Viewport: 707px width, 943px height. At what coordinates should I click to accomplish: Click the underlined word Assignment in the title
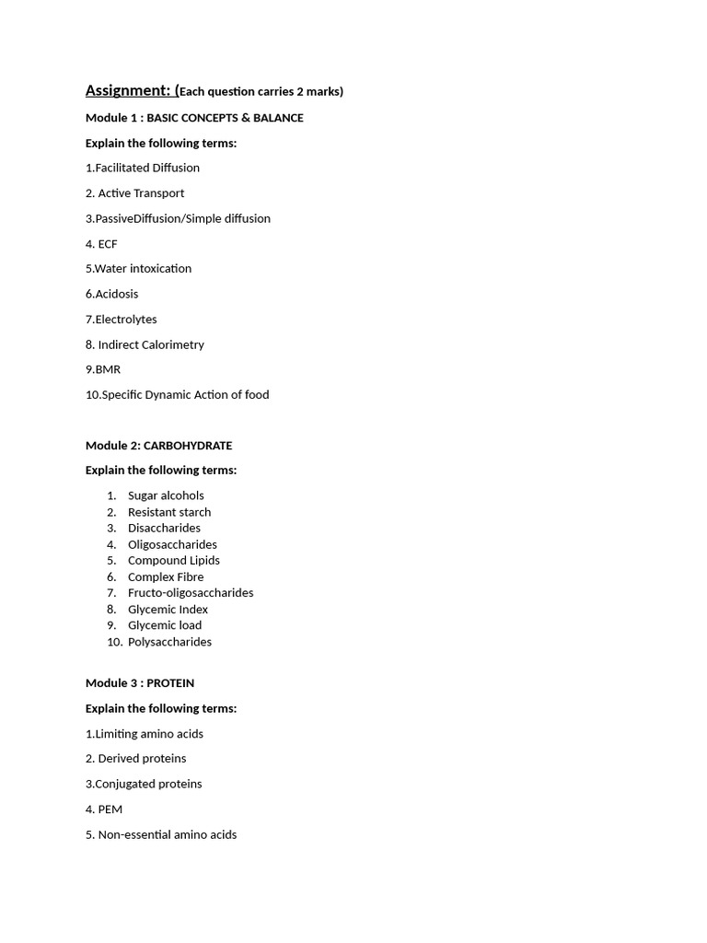[x=127, y=90]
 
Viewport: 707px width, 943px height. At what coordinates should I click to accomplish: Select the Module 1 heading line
[x=194, y=118]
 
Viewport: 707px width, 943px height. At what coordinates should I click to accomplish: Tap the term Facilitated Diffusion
[x=147, y=168]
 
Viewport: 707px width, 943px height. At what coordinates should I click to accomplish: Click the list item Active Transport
[x=141, y=193]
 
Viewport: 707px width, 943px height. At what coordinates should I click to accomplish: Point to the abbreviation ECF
[x=108, y=244]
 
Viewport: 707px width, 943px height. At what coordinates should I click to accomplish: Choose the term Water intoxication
[x=143, y=269]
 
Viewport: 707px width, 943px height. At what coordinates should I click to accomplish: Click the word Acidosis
[x=117, y=294]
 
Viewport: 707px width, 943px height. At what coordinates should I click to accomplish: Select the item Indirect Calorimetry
[x=151, y=344]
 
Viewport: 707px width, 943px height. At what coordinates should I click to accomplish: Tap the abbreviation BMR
[x=108, y=369]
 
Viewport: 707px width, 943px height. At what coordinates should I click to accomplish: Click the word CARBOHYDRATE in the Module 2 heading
[x=188, y=446]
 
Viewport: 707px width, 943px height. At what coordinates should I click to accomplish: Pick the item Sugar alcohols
[x=166, y=495]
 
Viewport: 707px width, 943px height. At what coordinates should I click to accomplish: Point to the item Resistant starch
[x=169, y=512]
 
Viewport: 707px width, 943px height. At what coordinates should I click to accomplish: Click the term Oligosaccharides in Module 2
[x=172, y=544]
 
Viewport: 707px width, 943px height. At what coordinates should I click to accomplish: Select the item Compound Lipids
[x=174, y=561]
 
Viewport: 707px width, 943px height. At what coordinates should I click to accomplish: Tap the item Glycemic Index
[x=168, y=610]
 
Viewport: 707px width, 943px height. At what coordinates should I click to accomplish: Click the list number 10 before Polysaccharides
[x=114, y=642]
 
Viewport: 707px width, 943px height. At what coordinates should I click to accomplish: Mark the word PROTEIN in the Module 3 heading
[x=170, y=683]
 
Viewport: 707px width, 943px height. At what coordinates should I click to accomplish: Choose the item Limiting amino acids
[x=149, y=734]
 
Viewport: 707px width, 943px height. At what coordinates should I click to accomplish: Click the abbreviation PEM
[x=110, y=809]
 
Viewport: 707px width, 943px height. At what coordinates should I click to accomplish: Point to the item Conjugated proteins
[x=148, y=785]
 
